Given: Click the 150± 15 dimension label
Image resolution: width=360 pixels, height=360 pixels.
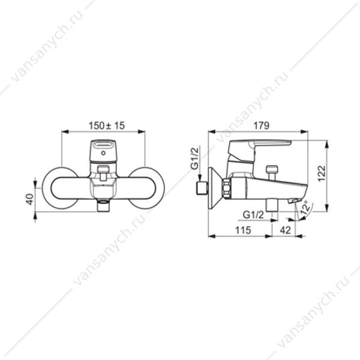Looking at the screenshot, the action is click(107, 125).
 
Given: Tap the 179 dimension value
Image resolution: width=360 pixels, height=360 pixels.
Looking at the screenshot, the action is click(261, 125).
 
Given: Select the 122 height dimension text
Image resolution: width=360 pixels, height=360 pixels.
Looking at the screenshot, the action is click(322, 173).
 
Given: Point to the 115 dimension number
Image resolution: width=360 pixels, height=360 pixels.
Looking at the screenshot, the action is click(243, 230).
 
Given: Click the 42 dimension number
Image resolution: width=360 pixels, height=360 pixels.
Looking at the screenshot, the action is click(286, 230).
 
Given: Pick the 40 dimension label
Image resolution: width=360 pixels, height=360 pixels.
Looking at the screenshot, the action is click(30, 199).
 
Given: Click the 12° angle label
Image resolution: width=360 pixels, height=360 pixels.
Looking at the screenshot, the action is click(305, 208).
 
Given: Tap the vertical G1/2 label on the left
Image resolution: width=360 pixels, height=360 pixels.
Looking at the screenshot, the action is click(194, 158).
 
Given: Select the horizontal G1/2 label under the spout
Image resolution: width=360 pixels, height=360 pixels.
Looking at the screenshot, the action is click(253, 215).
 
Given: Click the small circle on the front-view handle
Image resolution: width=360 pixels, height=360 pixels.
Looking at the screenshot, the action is click(103, 153).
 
